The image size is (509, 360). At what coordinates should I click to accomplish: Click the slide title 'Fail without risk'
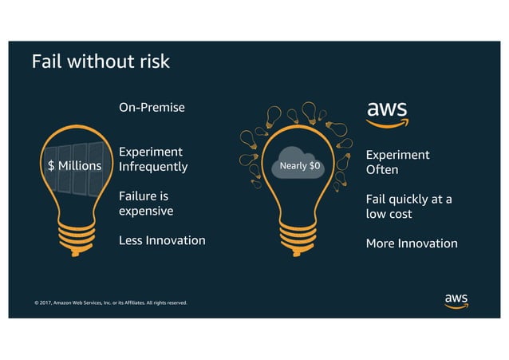click(100, 61)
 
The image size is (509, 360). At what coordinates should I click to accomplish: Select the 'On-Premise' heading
click(152, 107)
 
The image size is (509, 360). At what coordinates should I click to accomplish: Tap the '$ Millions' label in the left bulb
click(74, 166)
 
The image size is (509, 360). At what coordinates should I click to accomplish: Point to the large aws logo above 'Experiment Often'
click(387, 113)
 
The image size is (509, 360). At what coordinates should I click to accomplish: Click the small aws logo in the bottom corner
click(456, 300)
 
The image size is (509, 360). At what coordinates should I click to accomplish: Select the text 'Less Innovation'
click(162, 240)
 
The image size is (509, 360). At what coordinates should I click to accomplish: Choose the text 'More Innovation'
click(412, 243)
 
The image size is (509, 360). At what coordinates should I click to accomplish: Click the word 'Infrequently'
click(153, 167)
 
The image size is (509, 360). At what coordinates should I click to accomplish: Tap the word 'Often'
click(382, 170)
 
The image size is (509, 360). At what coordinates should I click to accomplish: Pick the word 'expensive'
click(146, 212)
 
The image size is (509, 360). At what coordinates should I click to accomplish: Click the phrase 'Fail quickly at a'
click(408, 200)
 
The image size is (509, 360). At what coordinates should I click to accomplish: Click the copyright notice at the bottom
click(111, 303)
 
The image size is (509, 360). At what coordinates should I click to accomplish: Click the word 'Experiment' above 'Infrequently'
click(151, 152)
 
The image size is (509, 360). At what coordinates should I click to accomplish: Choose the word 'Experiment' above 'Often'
click(397, 155)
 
